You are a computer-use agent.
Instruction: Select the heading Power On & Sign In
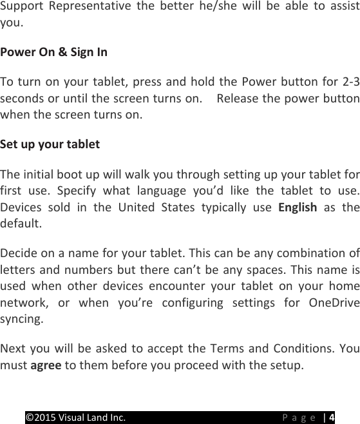[x=53, y=52]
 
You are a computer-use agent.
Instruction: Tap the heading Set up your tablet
[x=50, y=144]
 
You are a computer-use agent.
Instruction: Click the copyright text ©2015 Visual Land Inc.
[x=75, y=417]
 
